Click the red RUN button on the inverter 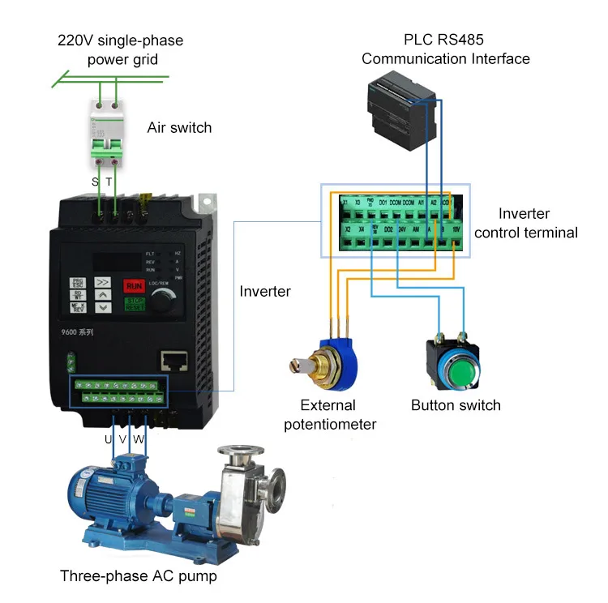(135, 285)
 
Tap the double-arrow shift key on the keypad (103, 284)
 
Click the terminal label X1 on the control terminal (345, 202)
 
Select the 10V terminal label (456, 230)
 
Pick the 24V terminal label (403, 230)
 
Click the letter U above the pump (109, 439)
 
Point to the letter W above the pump (139, 439)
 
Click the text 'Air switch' (179, 127)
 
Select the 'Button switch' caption (456, 405)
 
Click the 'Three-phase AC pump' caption (139, 576)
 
